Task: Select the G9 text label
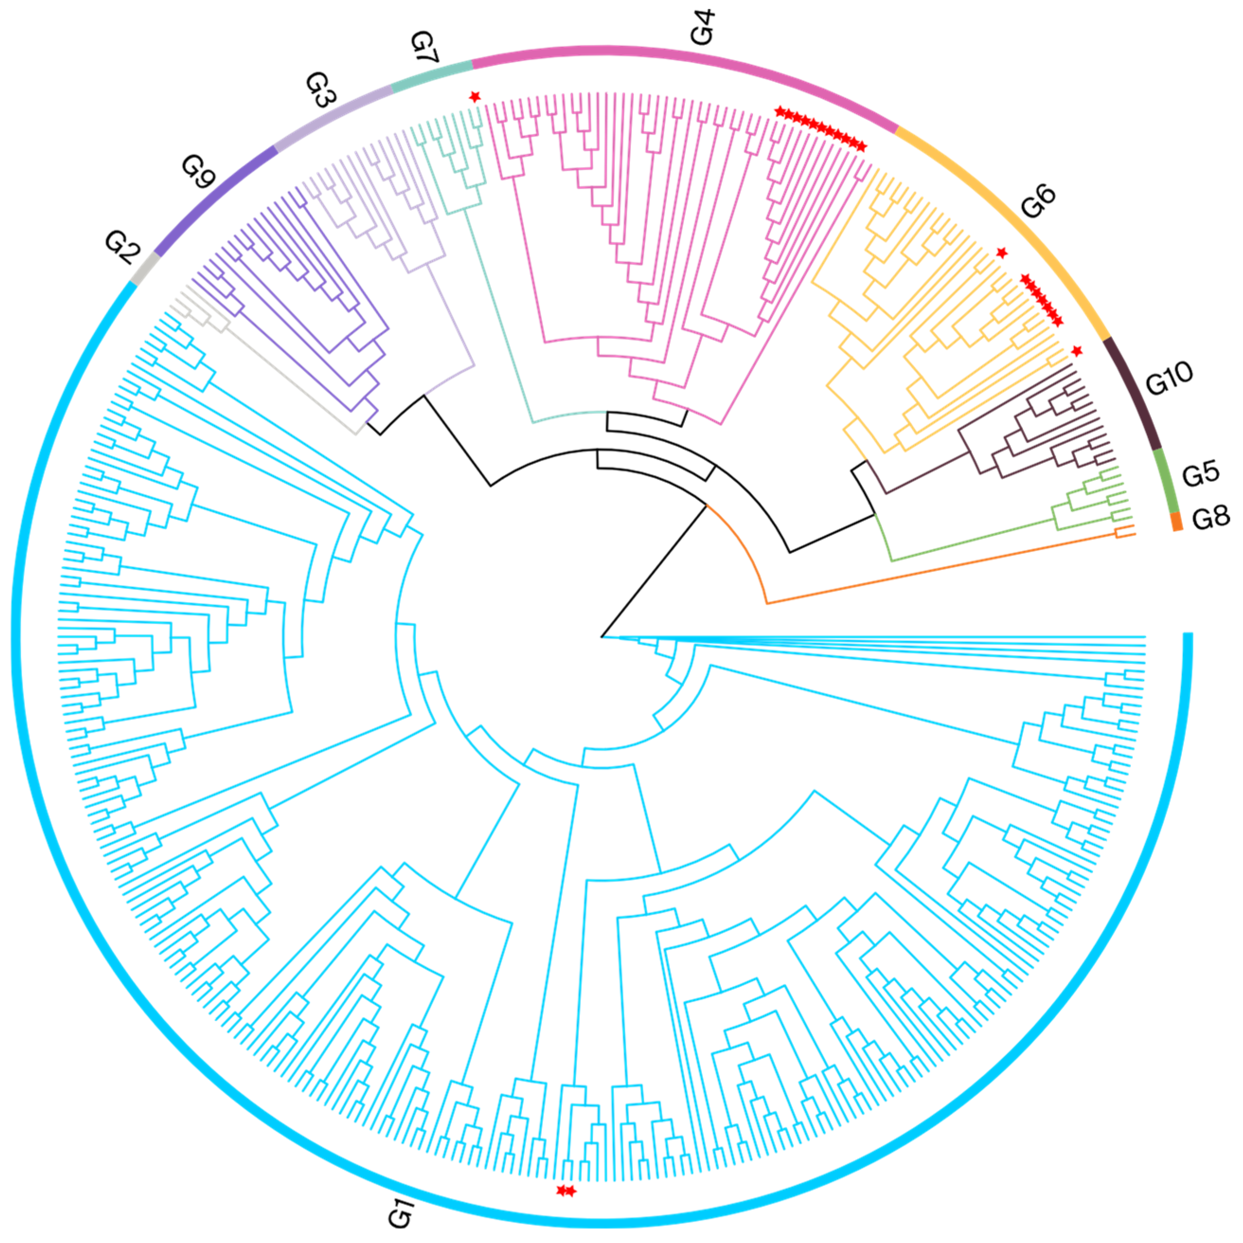click(197, 172)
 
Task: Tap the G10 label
click(1169, 378)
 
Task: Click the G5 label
click(1200, 473)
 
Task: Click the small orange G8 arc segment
click(1177, 521)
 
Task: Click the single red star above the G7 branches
click(475, 97)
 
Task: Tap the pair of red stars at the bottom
click(566, 1191)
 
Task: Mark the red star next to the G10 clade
click(1077, 351)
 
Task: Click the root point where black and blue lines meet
click(602, 637)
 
